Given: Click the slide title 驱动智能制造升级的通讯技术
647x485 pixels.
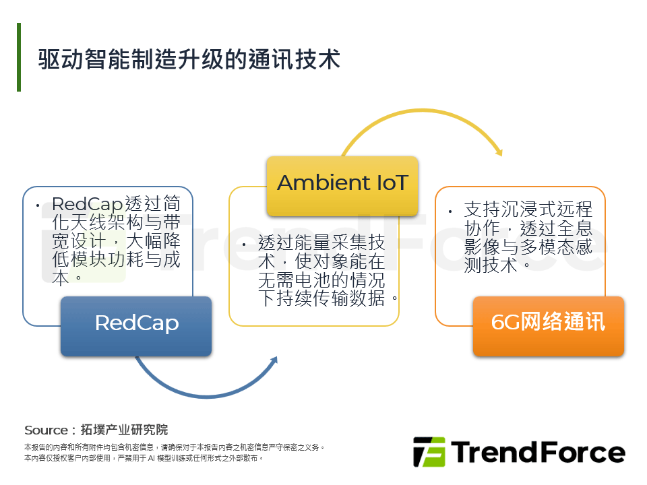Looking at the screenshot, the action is click(189, 59).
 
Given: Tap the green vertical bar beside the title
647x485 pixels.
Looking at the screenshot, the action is click(19, 57).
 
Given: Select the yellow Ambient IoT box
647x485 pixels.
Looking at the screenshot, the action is click(342, 186).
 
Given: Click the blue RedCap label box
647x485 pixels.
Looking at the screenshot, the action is click(136, 326).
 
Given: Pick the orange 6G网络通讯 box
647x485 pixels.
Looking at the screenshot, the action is click(549, 326).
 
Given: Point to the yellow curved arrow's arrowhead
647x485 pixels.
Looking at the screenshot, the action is click(499, 152).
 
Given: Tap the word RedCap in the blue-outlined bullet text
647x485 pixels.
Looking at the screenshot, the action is click(88, 203).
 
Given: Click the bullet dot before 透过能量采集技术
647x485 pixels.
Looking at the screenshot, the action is click(244, 245).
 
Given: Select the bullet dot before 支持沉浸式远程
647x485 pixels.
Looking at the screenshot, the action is click(450, 212).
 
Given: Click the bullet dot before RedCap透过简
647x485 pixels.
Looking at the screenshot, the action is click(38, 205).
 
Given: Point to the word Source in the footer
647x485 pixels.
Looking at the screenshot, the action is click(46, 430).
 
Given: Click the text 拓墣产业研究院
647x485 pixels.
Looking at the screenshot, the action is click(124, 430).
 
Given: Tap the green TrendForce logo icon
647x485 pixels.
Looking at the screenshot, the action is click(429, 451).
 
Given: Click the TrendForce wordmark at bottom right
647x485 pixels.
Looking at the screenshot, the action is click(538, 452).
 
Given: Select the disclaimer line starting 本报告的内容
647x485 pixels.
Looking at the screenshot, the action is click(174, 447).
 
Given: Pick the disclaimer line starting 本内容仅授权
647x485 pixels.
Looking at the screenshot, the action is click(144, 458).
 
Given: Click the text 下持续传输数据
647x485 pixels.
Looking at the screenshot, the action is click(321, 298).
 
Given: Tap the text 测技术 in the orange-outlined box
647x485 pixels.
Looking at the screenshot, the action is click(491, 265).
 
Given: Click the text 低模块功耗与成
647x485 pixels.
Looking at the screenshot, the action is click(117, 259).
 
